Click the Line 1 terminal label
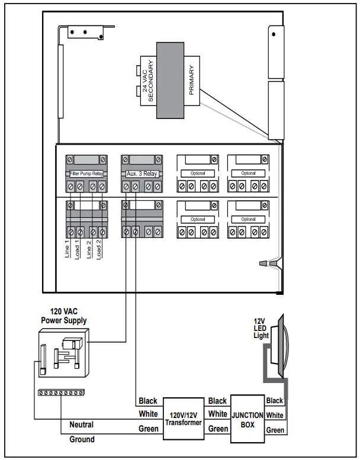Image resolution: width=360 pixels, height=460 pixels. (67, 247)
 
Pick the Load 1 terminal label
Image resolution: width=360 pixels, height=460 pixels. (78, 247)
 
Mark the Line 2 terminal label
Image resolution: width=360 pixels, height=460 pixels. (89, 247)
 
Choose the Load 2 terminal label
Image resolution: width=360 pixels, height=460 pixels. (100, 247)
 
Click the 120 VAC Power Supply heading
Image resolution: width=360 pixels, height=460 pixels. (63, 316)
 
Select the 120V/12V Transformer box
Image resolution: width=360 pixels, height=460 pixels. (184, 418)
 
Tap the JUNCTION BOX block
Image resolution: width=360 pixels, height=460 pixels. (247, 419)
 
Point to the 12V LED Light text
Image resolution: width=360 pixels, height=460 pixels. (260, 328)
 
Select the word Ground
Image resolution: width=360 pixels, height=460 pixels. (82, 440)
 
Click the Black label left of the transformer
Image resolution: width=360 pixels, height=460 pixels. (147, 401)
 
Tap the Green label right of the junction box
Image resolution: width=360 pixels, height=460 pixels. (275, 430)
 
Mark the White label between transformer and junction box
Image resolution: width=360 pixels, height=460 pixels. (217, 414)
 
